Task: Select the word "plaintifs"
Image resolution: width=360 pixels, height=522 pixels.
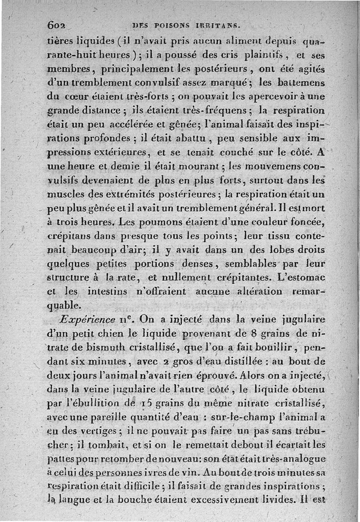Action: click(262, 57)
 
